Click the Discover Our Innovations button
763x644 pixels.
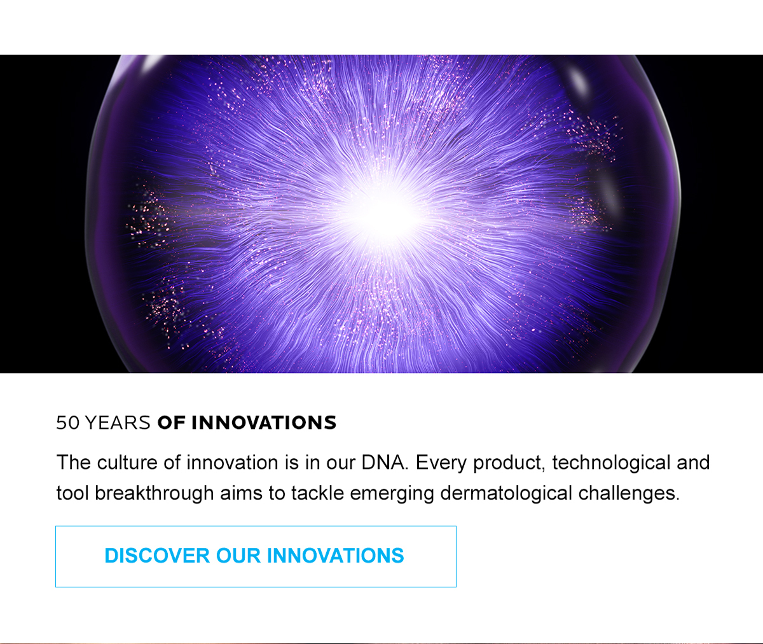(x=256, y=556)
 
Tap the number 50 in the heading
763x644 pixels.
(x=68, y=423)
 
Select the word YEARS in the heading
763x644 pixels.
(x=118, y=423)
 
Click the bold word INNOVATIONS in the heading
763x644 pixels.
(x=264, y=423)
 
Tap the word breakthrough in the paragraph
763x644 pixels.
(x=155, y=493)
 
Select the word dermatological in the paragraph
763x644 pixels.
(x=506, y=493)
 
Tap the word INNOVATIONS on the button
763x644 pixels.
(x=336, y=556)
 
